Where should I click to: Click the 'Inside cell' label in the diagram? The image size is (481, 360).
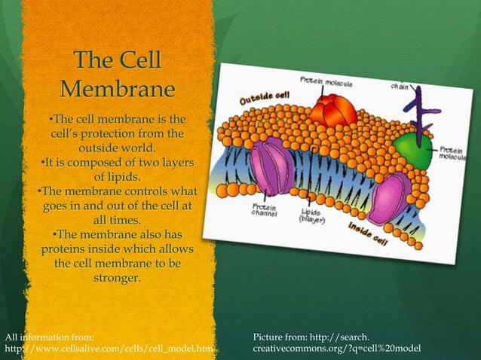pyautogui.click(x=367, y=233)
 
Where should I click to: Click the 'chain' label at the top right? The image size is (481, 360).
pyautogui.click(x=400, y=86)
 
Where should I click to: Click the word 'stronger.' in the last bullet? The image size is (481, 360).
pyautogui.click(x=116, y=279)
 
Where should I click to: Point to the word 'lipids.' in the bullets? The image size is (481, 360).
pyautogui.click(x=116, y=178)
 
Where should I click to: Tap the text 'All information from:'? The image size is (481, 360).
pyautogui.click(x=50, y=334)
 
